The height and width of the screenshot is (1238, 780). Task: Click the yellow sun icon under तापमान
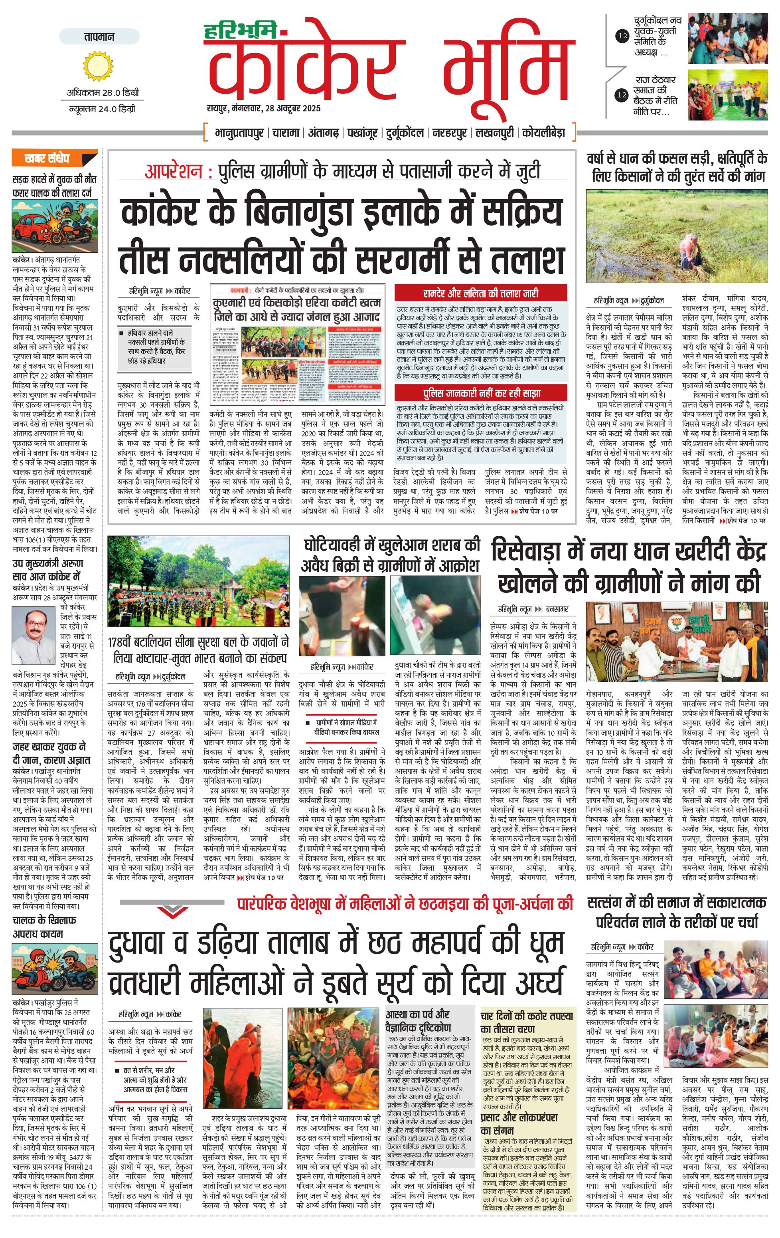(98, 65)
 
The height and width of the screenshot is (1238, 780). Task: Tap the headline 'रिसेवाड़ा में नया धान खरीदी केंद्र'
(628, 551)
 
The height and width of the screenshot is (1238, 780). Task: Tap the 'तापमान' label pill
(99, 36)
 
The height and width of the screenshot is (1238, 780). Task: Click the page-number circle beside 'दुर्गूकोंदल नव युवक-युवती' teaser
(622, 36)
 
